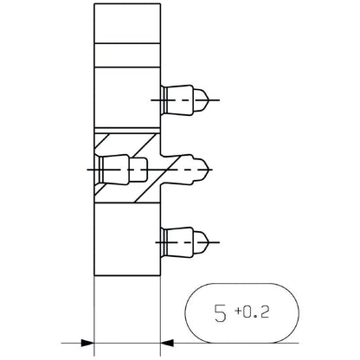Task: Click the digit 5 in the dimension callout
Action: pos(220,312)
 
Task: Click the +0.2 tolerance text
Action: pos(252,312)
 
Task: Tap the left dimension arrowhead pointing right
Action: pos(87,343)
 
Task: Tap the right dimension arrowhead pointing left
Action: pos(167,343)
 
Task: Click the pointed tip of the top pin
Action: pos(208,100)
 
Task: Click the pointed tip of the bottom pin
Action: pos(208,242)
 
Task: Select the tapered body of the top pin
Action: pos(179,100)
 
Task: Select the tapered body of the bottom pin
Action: pos(179,242)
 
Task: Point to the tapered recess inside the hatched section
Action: pos(115,170)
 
